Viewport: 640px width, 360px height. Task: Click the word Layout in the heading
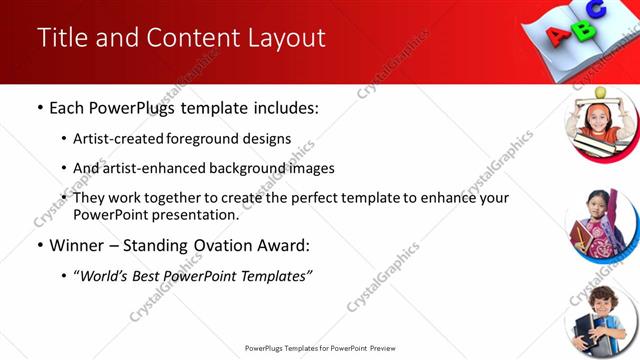tap(289, 38)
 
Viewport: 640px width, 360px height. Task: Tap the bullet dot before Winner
tap(39, 245)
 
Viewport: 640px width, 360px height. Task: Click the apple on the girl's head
tap(600, 92)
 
